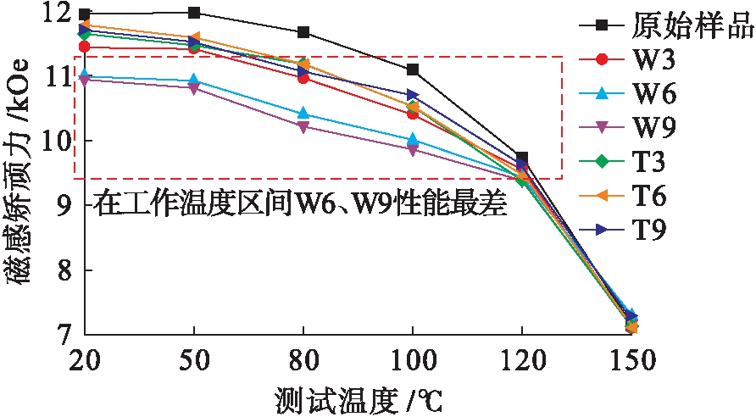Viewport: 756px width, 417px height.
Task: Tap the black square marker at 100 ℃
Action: (413, 69)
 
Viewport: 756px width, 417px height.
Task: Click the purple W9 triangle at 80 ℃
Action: (303, 126)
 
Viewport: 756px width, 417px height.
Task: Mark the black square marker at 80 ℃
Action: (303, 32)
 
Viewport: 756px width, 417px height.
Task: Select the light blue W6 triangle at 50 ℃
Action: (194, 81)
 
